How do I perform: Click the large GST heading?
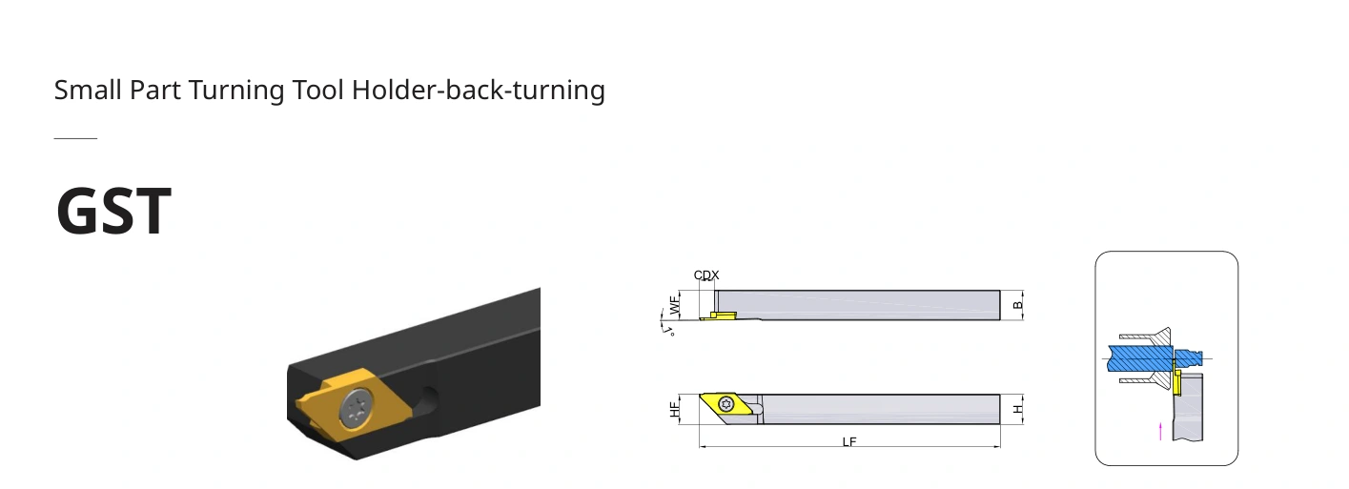point(113,211)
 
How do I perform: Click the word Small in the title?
point(88,90)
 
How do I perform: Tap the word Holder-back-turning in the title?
point(479,90)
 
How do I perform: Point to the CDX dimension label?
point(706,275)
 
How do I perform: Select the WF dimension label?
point(675,305)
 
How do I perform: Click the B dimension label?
point(1018,305)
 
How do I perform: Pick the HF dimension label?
point(675,410)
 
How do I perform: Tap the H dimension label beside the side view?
point(1018,410)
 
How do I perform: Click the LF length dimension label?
point(849,442)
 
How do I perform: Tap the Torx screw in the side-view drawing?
point(726,403)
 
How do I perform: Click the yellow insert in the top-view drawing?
point(718,316)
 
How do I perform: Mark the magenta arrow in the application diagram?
point(1160,431)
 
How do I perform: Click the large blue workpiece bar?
point(1141,358)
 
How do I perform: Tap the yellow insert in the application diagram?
point(1176,382)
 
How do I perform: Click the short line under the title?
point(75,138)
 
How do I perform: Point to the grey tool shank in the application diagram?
point(1188,406)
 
